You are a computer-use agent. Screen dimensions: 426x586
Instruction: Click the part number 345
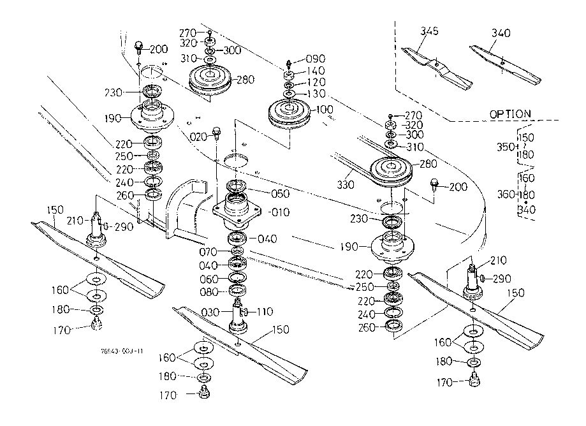[x=430, y=31]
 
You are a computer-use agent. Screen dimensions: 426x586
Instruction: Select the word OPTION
[x=509, y=114]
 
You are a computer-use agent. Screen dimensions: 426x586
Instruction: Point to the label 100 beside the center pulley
[x=324, y=110]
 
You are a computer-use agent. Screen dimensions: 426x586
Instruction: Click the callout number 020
[x=200, y=136]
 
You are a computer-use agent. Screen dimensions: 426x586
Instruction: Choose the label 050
[x=281, y=193]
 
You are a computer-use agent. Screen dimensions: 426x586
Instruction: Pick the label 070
[x=209, y=253]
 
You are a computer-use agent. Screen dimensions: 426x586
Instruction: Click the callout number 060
[x=209, y=279]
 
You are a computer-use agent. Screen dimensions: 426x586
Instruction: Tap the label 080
[x=209, y=293]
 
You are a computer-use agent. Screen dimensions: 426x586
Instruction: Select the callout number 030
[x=211, y=312]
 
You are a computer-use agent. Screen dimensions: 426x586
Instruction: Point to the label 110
[x=265, y=312]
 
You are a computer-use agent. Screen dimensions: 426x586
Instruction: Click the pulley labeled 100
[x=291, y=114]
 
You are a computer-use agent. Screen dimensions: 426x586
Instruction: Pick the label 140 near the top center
[x=316, y=71]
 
